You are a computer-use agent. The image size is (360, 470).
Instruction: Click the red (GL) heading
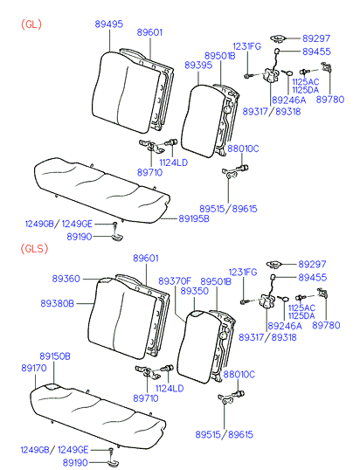click(31, 24)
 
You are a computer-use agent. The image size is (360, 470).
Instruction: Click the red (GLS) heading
click(34, 248)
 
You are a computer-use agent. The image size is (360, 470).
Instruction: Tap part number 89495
click(109, 24)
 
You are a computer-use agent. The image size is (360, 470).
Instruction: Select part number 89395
click(198, 65)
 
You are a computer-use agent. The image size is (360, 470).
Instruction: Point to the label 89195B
click(194, 218)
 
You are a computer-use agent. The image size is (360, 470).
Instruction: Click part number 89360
click(66, 279)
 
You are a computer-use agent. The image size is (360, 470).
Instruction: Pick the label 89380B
click(57, 304)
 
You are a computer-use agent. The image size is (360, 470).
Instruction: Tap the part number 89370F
click(175, 281)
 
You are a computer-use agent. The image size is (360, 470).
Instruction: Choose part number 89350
click(195, 291)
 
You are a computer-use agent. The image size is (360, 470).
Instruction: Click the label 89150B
click(55, 356)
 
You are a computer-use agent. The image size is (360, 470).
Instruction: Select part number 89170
click(34, 368)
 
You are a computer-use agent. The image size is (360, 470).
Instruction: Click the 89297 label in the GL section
click(316, 38)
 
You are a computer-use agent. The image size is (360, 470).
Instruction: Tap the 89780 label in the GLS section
click(326, 325)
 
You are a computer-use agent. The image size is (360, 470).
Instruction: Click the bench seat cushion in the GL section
click(102, 190)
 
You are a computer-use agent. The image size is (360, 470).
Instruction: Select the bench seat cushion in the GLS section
click(98, 415)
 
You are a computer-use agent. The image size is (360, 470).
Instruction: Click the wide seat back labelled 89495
click(126, 92)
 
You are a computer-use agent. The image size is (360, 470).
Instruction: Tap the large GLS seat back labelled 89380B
click(122, 318)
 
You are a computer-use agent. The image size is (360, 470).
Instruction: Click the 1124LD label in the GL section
click(173, 162)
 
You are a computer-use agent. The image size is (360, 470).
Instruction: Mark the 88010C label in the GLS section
click(239, 375)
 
